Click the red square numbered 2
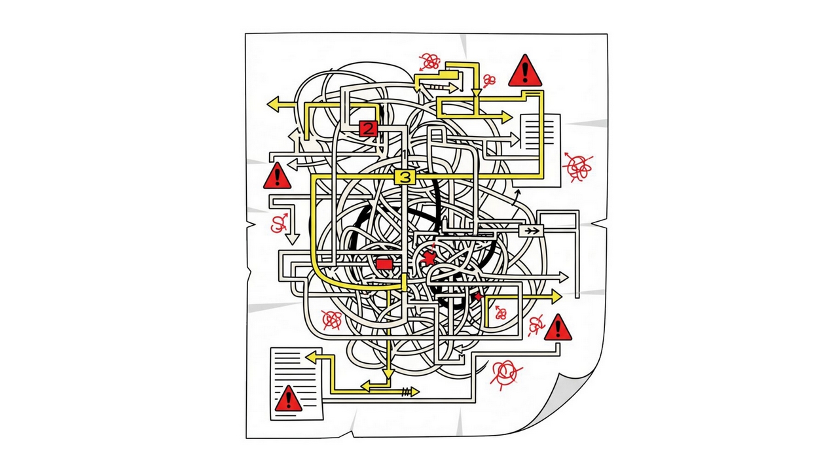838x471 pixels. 368,129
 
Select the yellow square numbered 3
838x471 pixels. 405,177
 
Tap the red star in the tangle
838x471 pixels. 429,258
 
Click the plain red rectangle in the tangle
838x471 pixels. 384,264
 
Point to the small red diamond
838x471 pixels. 478,297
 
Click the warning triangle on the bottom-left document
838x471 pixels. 288,398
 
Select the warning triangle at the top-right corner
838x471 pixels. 525,71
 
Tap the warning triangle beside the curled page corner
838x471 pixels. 558,328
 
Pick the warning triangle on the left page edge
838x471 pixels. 277,176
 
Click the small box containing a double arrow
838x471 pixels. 531,230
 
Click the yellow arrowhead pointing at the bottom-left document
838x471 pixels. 311,357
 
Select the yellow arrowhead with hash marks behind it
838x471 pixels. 414,392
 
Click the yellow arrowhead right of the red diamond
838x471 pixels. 556,297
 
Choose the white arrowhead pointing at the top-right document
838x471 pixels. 514,139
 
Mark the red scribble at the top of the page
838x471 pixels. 429,62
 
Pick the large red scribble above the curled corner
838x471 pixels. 506,372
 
